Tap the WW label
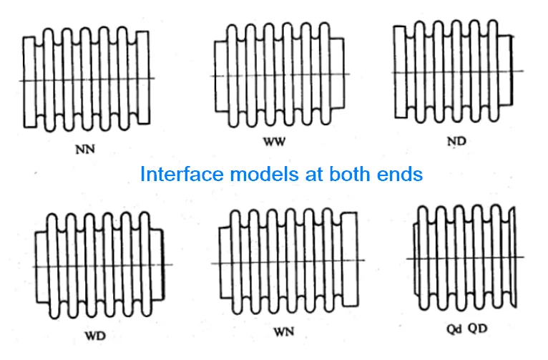(x=274, y=142)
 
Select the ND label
(x=456, y=141)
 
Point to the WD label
(x=94, y=336)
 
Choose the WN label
(x=284, y=332)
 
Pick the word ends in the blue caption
(x=401, y=174)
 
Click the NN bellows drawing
(x=87, y=79)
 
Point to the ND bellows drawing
(x=454, y=71)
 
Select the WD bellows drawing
(x=100, y=266)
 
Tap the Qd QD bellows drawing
(x=465, y=258)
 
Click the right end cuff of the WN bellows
(x=351, y=263)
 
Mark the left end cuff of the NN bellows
(x=29, y=81)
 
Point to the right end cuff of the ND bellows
(x=507, y=71)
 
